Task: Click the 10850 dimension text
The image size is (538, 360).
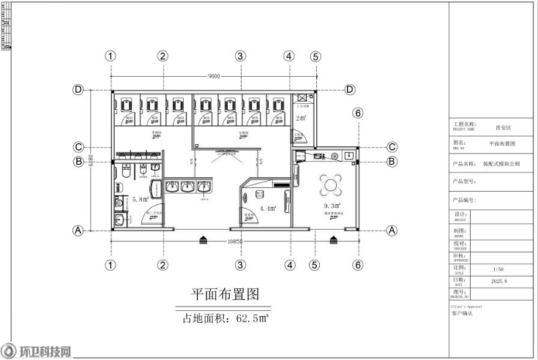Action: click(235, 241)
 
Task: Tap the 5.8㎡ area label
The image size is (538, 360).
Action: click(140, 199)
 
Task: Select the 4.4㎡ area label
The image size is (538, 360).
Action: click(267, 209)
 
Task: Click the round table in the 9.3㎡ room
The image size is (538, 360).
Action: click(331, 183)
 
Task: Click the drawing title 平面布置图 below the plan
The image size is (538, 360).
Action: click(225, 295)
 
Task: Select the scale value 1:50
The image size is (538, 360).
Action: click(498, 269)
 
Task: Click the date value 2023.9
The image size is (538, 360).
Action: click(498, 280)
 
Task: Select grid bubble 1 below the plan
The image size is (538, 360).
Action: click(111, 265)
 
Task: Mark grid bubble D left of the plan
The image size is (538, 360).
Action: click(77, 89)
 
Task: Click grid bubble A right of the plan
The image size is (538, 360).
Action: click(392, 230)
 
